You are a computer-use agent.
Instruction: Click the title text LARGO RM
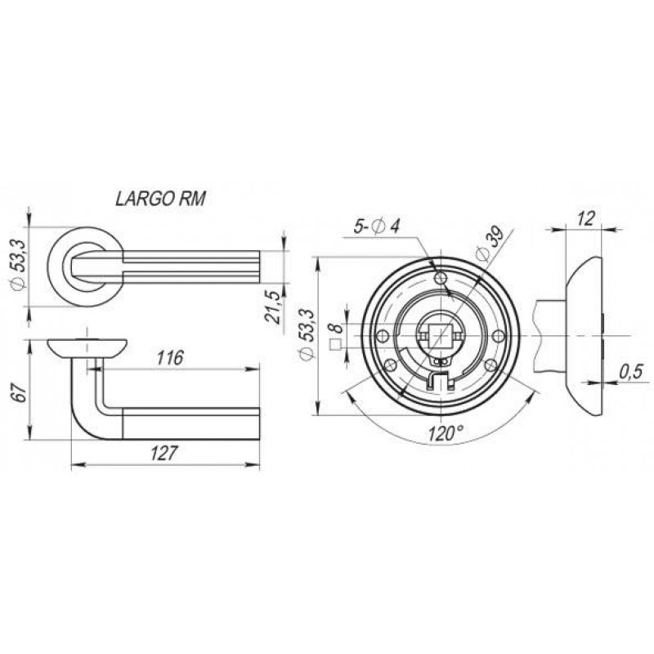[x=160, y=199]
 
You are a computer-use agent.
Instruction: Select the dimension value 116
[x=170, y=358]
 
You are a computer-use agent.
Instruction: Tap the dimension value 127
[x=164, y=454]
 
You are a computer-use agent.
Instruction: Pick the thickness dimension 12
[x=585, y=218]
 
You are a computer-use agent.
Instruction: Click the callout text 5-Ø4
[x=377, y=226]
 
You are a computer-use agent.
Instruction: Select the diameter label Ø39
[x=490, y=243]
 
